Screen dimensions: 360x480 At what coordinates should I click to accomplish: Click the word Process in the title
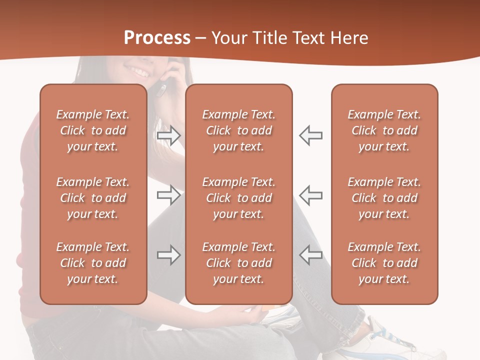[157, 38]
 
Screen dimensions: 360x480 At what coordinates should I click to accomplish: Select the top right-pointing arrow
[168, 135]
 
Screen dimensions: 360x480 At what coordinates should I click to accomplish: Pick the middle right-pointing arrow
[168, 195]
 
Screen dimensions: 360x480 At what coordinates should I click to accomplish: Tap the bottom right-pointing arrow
[168, 255]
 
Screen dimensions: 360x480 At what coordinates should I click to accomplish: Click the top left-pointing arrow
[311, 135]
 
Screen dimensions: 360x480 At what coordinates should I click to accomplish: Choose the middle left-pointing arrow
[311, 195]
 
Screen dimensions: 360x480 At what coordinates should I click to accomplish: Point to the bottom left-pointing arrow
[311, 255]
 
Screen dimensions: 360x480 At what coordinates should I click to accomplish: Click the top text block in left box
[93, 130]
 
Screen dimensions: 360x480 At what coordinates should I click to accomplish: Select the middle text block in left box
[93, 198]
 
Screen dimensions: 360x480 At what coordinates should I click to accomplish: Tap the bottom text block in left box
[93, 263]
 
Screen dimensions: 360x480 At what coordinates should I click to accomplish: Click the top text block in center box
[239, 130]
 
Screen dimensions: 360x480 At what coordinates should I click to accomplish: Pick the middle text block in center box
[239, 198]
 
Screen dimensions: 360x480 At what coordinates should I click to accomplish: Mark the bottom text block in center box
[239, 263]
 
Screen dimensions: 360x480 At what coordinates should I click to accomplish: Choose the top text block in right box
[384, 130]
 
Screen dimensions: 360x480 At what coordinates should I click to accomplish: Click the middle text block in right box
[384, 198]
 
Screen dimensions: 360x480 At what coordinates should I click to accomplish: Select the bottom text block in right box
[384, 263]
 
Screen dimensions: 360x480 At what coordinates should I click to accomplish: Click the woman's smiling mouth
[138, 70]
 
